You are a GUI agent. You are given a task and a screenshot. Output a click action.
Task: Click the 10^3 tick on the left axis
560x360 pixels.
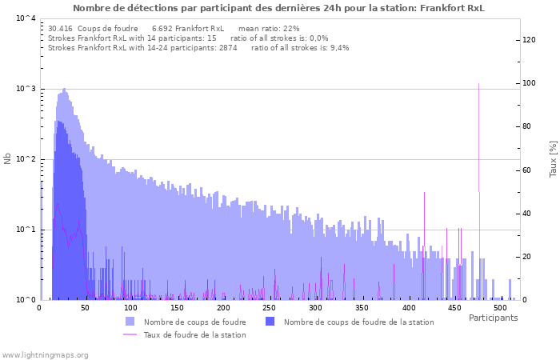[26, 89]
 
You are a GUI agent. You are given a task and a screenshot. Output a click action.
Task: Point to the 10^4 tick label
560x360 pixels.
[26, 18]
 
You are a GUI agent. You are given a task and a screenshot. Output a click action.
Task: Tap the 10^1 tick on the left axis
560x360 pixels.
[26, 230]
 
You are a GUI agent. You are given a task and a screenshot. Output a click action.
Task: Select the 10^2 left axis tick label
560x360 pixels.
[26, 159]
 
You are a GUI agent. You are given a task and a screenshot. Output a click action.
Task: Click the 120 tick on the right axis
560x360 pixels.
[528, 39]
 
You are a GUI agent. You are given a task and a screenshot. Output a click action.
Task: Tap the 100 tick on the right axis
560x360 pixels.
[528, 82]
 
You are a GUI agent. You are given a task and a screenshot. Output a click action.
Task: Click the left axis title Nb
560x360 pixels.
[8, 158]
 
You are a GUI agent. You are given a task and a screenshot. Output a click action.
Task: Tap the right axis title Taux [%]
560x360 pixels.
[552, 158]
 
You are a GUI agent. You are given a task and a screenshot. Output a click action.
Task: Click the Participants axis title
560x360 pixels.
[493, 318]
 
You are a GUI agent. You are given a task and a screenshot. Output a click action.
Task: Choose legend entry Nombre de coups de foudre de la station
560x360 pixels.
[358, 322]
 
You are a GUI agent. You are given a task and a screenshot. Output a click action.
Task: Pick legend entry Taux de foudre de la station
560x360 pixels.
[194, 334]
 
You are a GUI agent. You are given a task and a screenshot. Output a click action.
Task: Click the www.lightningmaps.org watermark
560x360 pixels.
[46, 354]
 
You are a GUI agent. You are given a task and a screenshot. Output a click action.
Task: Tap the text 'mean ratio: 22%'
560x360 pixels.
[274, 28]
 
